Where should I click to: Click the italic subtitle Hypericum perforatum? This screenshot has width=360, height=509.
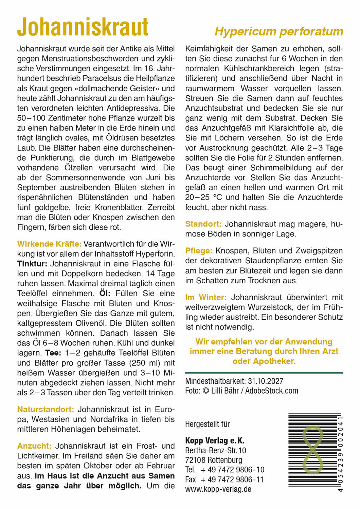(279, 32)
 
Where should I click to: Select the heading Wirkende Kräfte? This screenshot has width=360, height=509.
(49, 244)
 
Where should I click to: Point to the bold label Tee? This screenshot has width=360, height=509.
(53, 353)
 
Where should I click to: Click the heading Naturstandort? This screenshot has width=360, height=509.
(46, 409)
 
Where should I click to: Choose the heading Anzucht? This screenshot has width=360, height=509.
(34, 446)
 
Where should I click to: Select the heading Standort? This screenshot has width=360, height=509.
(203, 224)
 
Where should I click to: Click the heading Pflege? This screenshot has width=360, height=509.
(199, 251)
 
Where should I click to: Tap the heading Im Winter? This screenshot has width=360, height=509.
(206, 297)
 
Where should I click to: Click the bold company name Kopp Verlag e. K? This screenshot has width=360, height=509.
(215, 441)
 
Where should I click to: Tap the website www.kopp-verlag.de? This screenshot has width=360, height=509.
(218, 489)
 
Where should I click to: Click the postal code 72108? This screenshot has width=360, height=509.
(195, 460)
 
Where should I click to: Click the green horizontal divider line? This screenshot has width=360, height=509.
(264, 373)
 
